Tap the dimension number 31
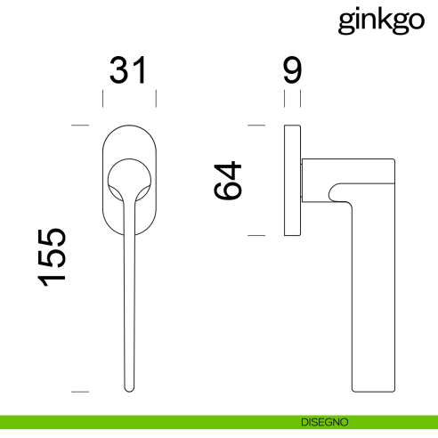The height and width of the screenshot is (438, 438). (127, 70)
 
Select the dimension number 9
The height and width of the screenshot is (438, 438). (292, 70)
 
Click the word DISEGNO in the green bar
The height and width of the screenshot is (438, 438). (323, 421)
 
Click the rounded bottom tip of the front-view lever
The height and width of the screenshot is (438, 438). (130, 388)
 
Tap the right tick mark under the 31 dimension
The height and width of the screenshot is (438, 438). (156, 97)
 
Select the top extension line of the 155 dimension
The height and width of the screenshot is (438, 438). (81, 126)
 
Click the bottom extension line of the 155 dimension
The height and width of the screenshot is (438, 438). (81, 391)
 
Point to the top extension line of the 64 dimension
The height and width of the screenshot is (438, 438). (257, 126)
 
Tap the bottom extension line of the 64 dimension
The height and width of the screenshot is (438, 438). (257, 235)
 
